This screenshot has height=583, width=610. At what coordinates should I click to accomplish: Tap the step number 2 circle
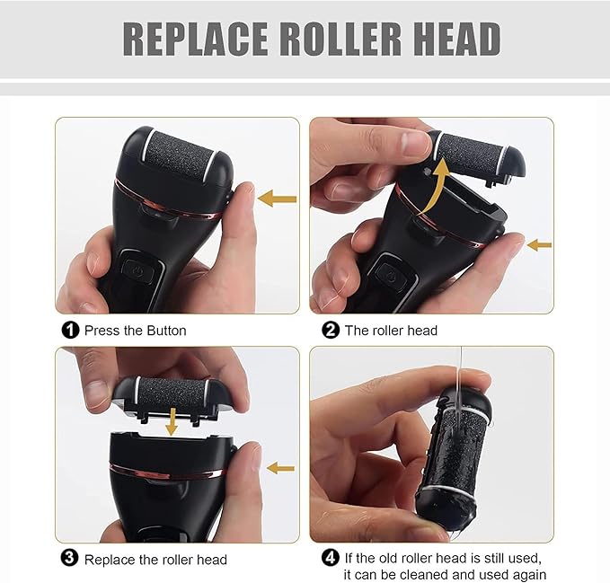pyautogui.click(x=331, y=330)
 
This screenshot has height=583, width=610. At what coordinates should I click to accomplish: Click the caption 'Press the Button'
pyautogui.click(x=136, y=330)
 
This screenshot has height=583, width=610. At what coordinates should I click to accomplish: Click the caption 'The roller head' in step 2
pyautogui.click(x=392, y=330)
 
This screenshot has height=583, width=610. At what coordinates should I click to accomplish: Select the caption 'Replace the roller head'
pyautogui.click(x=155, y=559)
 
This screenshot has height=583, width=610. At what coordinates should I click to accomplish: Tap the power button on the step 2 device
pyautogui.click(x=388, y=273)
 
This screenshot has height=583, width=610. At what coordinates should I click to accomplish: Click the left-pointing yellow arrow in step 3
pyautogui.click(x=282, y=467)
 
